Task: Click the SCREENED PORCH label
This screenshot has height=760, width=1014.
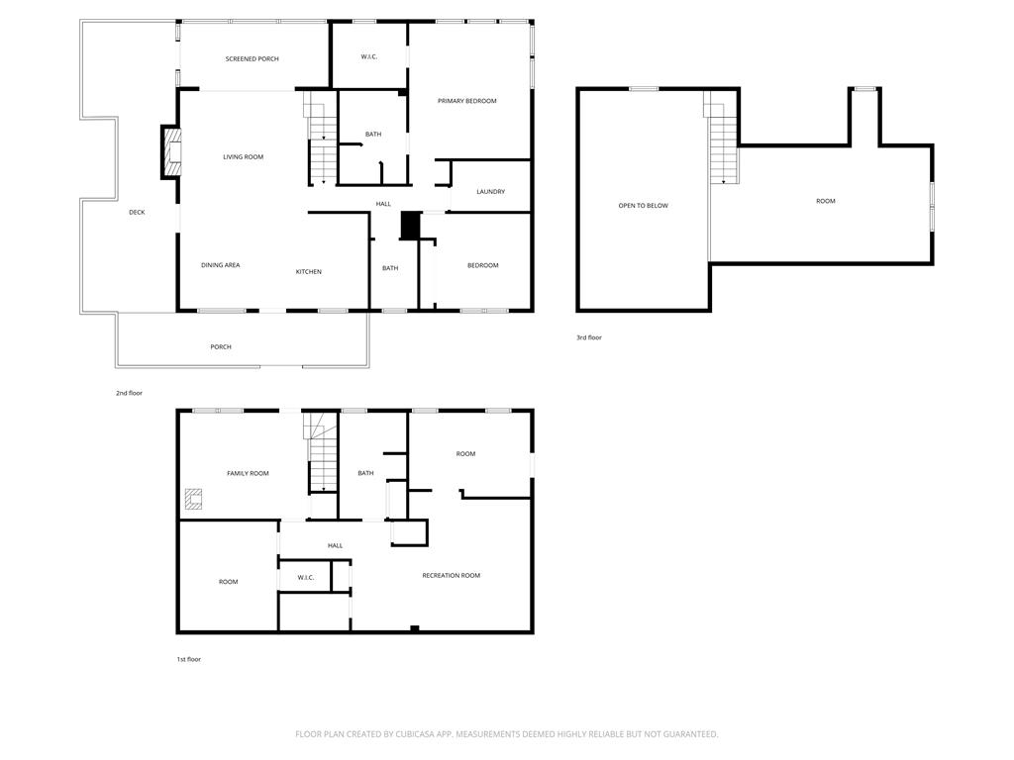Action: tap(252, 59)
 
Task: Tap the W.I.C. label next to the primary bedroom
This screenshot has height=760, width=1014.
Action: tap(369, 56)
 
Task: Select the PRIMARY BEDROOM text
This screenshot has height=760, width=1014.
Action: tap(466, 101)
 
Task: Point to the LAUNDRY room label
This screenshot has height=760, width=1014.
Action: tap(490, 192)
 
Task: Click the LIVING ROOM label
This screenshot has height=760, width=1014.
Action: tap(243, 157)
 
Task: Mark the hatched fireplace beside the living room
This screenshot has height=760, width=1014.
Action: tap(172, 152)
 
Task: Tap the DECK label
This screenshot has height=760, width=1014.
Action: tap(137, 213)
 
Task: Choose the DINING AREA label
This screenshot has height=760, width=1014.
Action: tap(220, 265)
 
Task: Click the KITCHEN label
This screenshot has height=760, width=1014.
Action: tap(308, 272)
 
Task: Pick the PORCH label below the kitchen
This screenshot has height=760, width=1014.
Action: tap(221, 347)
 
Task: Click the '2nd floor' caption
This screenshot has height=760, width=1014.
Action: tap(129, 394)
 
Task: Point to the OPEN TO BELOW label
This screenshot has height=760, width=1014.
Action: tap(644, 206)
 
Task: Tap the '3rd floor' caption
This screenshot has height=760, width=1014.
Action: tap(589, 338)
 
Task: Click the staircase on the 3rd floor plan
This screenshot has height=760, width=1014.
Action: tap(722, 139)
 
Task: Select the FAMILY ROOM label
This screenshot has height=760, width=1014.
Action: tap(248, 474)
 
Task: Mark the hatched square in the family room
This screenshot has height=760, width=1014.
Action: tap(193, 500)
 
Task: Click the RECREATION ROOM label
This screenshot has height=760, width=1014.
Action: tap(451, 576)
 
